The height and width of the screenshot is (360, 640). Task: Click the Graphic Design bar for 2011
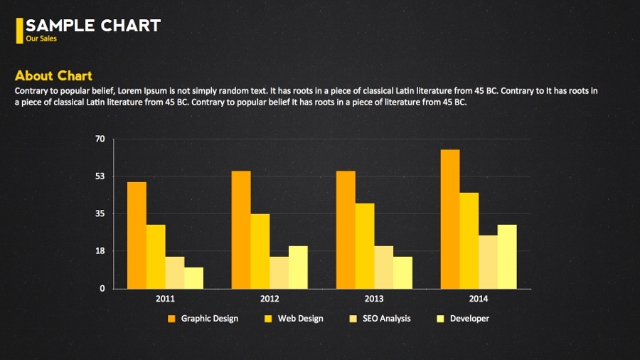[137, 235]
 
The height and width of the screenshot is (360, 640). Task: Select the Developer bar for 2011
[193, 278]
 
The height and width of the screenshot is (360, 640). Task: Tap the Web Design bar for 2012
[260, 251]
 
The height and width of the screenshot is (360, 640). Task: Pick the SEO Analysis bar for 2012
[279, 272]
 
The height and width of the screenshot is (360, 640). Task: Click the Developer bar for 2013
[402, 272]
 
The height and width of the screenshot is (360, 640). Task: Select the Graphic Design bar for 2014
[450, 219]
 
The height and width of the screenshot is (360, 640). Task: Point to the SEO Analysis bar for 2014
[488, 262]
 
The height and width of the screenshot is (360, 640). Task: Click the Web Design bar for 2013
[365, 246]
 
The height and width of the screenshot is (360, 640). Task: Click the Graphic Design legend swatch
[171, 319]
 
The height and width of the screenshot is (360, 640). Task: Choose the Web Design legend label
[300, 319]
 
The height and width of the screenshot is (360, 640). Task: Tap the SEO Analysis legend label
[386, 319]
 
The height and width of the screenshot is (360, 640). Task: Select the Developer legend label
[469, 319]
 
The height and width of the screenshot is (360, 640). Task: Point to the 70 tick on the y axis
[100, 139]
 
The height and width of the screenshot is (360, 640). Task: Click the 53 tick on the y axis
[100, 176]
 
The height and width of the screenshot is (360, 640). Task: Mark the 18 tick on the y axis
[100, 251]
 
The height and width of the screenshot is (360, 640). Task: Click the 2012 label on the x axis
[270, 299]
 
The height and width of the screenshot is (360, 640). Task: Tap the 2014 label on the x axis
[479, 299]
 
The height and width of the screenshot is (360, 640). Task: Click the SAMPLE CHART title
[93, 26]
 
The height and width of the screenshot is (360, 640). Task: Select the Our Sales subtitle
[41, 38]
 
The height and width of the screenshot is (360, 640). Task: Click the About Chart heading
[53, 76]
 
